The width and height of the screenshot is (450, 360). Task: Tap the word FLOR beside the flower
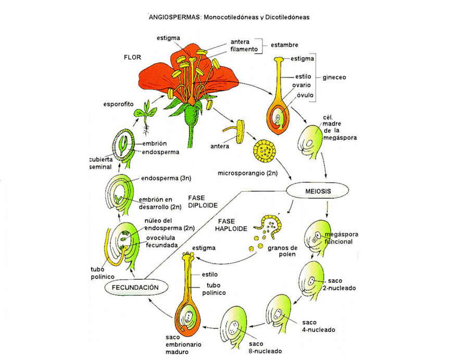coord(132,57)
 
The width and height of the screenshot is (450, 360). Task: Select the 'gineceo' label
coord(333,77)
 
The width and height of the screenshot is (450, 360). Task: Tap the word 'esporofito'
coord(118,104)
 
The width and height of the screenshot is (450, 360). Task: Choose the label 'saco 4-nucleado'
coord(317,326)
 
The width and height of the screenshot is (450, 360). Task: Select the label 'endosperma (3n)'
coord(166,178)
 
